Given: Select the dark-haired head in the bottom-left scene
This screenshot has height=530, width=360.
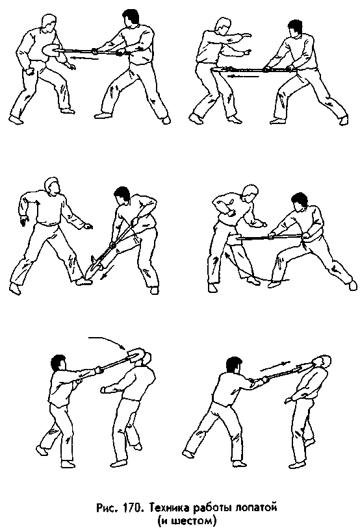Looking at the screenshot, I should (x=57, y=364).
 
